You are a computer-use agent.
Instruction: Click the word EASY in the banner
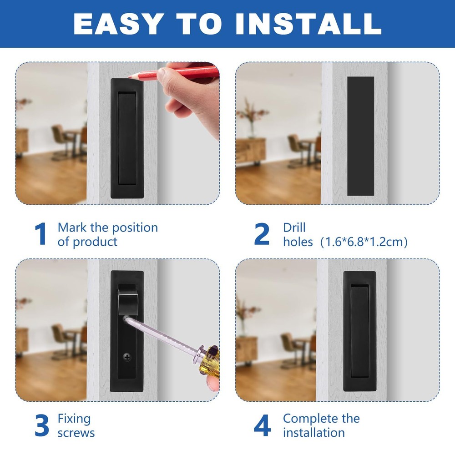(x=117, y=24)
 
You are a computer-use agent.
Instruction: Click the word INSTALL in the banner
(x=308, y=24)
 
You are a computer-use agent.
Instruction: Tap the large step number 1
(x=40, y=233)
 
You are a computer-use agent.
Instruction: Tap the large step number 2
(x=262, y=233)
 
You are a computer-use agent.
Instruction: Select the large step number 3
(x=42, y=425)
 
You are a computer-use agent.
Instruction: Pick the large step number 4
(x=263, y=425)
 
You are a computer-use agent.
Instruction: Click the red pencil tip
(x=129, y=77)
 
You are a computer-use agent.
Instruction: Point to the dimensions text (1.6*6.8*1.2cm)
(x=364, y=242)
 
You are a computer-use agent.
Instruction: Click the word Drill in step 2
(x=294, y=227)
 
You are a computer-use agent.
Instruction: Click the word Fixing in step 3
(x=74, y=419)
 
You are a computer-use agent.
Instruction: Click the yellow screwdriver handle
(x=209, y=360)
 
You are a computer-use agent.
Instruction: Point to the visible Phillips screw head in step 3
(x=127, y=357)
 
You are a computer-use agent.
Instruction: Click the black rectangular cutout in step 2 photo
(x=360, y=136)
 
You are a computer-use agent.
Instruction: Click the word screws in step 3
(x=76, y=433)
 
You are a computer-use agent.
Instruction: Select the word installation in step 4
(x=314, y=433)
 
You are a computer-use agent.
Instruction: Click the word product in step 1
(x=95, y=242)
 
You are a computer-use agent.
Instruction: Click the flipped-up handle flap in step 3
(x=127, y=299)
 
